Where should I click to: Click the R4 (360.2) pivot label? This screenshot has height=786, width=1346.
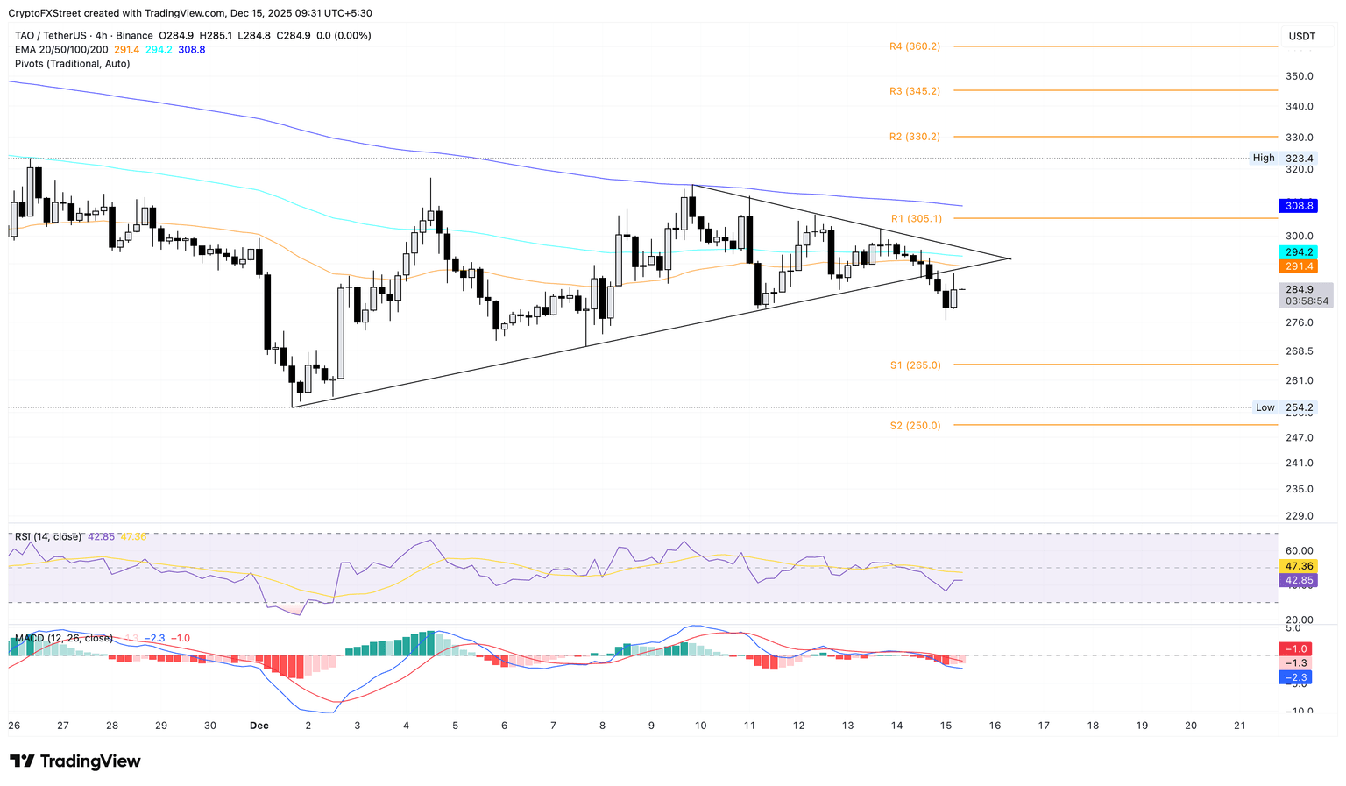pos(914,46)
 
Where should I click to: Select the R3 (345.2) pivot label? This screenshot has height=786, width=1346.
pos(914,91)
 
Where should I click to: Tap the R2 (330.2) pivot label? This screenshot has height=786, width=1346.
pos(914,137)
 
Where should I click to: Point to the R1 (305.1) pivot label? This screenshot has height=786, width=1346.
pos(916,219)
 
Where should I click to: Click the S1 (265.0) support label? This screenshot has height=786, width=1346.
pos(915,365)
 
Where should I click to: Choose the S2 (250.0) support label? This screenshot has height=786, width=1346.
pos(915,426)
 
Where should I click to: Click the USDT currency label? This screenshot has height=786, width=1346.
pos(1301,36)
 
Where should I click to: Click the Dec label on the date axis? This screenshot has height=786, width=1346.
pos(259,726)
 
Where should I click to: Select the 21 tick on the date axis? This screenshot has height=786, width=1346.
pos(1239,726)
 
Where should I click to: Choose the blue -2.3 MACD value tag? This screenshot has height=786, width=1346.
pos(1298,677)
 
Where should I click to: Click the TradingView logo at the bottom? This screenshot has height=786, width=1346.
pos(75,761)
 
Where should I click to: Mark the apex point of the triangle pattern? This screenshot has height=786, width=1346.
pos(1010,258)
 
